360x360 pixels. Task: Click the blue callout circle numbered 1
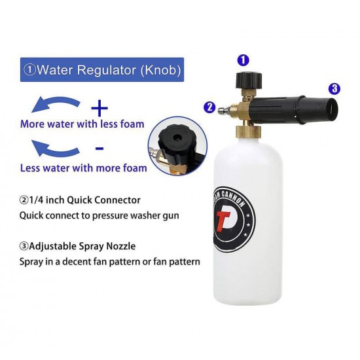coord(243,60)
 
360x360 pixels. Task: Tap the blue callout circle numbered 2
coord(209,107)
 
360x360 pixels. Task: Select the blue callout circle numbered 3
coord(334,88)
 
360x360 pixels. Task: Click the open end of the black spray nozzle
coord(332,109)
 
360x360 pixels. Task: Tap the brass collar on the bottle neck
coord(248,132)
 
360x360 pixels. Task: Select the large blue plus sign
coord(99,108)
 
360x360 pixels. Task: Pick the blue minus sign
coord(99,149)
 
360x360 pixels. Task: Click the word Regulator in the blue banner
coord(107,70)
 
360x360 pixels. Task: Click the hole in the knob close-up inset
coord(177,137)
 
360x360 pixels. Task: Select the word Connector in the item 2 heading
coord(117,200)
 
